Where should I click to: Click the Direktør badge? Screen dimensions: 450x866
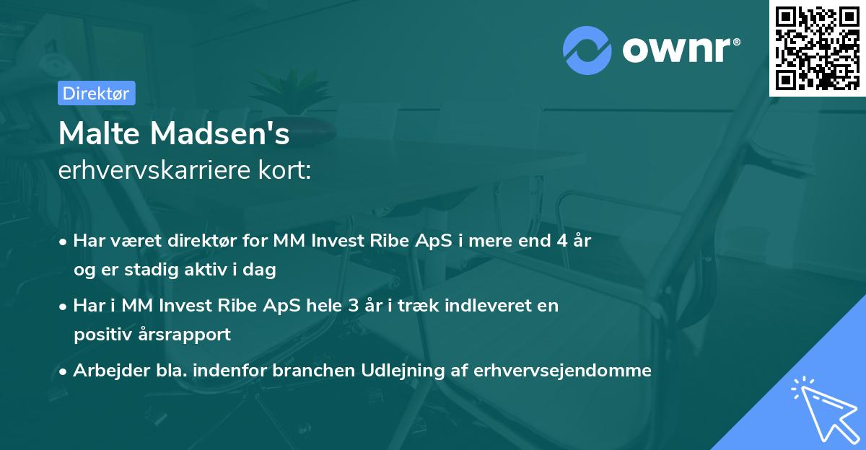[96, 93]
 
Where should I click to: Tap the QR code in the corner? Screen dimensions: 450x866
[817, 48]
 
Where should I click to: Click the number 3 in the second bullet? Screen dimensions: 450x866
[354, 305]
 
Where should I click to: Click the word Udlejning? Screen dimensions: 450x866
[409, 371]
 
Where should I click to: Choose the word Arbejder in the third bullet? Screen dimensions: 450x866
[104, 371]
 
